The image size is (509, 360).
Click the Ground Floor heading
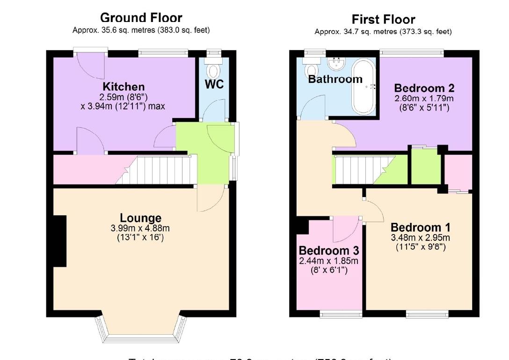141,18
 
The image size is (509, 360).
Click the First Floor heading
383,20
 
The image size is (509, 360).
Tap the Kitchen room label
124,87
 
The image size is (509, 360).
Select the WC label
214,85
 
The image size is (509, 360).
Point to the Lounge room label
140,218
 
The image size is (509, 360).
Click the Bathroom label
335,79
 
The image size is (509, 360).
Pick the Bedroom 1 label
421,228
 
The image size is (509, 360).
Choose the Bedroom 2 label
424,88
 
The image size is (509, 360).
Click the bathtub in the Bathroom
363,86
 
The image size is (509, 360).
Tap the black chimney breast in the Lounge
59,241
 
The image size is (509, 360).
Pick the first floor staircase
360,170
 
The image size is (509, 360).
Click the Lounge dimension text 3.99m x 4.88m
140,228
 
